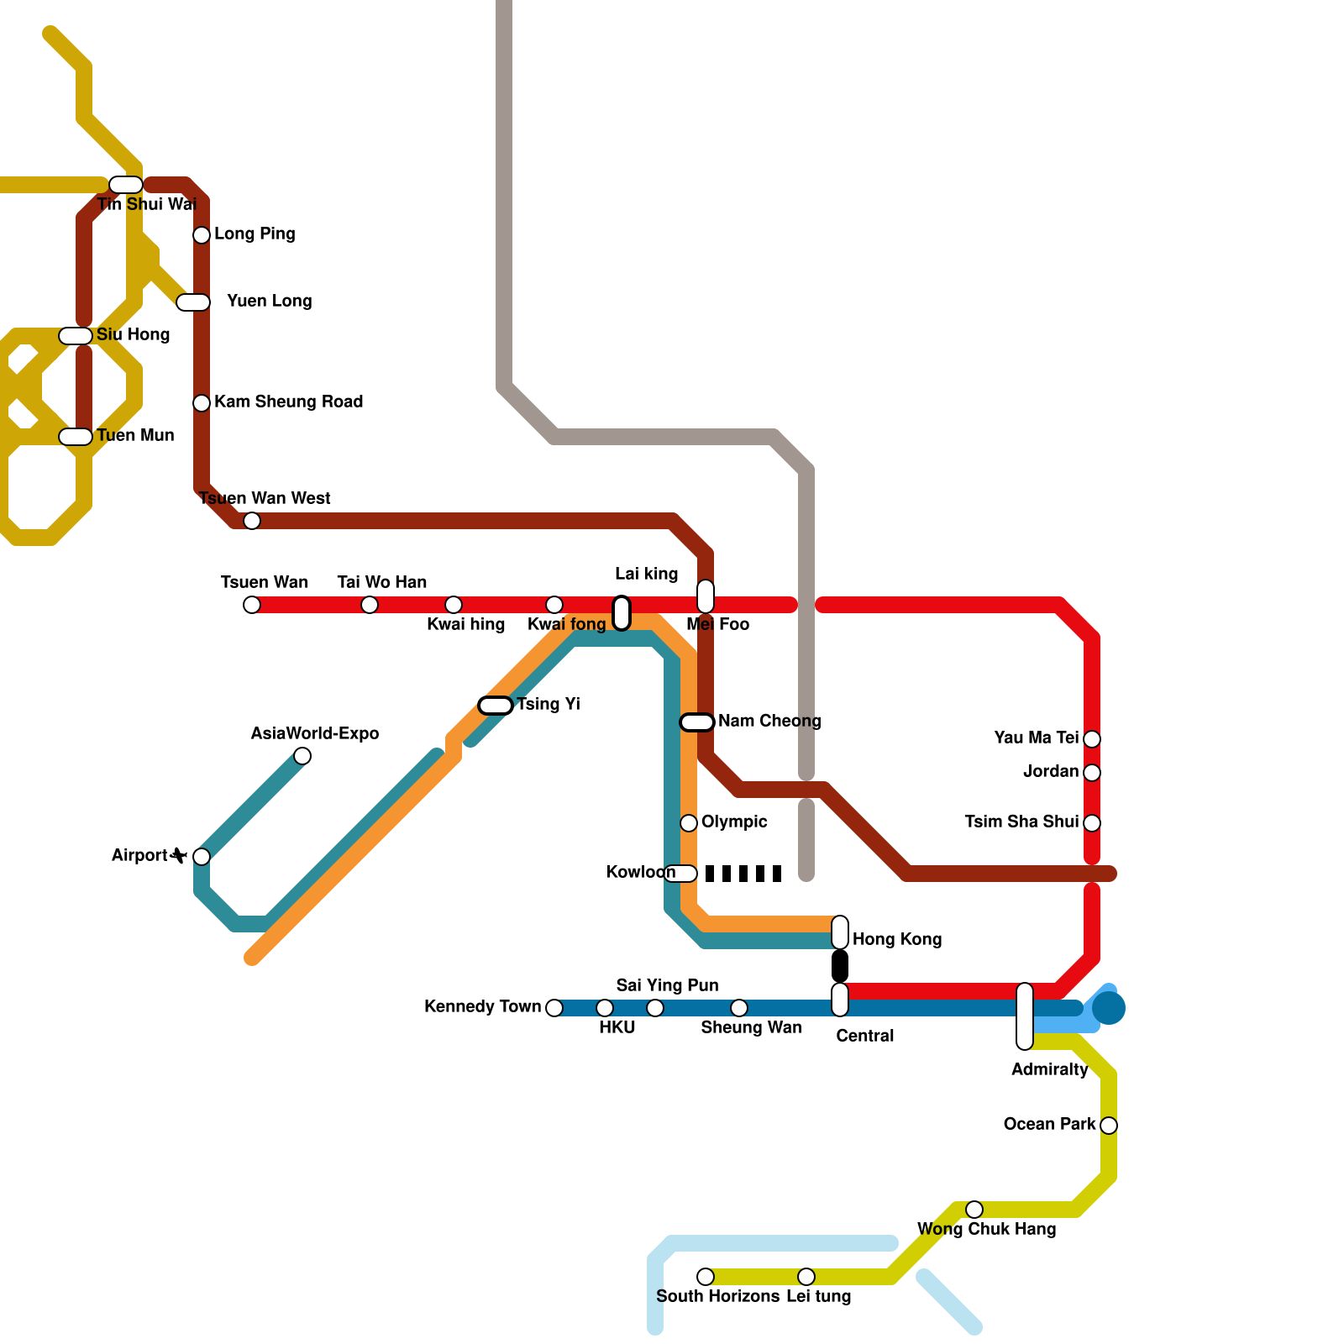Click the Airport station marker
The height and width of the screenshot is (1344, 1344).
pos(202,857)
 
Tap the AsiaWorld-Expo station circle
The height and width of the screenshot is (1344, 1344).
pos(302,756)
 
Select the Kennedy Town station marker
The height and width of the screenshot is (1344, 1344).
pos(554,1008)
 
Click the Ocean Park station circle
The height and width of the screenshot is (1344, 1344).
pos(1109,1126)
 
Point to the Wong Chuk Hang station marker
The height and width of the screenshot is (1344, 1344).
pos(974,1210)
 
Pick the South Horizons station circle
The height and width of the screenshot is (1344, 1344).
pos(706,1277)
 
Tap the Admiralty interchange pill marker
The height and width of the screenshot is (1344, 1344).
pos(1025,1016)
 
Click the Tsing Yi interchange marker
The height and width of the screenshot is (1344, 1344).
pos(496,706)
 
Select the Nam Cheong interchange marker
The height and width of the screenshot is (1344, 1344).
pos(697,722)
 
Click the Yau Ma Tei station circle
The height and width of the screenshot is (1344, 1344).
pos(1092,739)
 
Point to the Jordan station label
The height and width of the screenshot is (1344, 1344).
pos(1050,771)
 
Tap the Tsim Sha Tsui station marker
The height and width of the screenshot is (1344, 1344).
pos(1092,823)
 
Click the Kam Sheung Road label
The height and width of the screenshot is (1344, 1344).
pos(288,402)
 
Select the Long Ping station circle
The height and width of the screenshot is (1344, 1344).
pos(202,235)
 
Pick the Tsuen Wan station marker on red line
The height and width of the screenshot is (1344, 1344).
pos(252,605)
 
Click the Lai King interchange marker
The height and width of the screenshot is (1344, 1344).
pos(622,612)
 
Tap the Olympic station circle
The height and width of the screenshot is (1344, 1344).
pos(689,823)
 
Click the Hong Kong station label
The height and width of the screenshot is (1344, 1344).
pos(897,939)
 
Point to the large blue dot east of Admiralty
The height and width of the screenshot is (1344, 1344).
pos(1109,1008)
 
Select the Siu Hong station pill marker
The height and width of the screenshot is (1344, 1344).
pos(76,336)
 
